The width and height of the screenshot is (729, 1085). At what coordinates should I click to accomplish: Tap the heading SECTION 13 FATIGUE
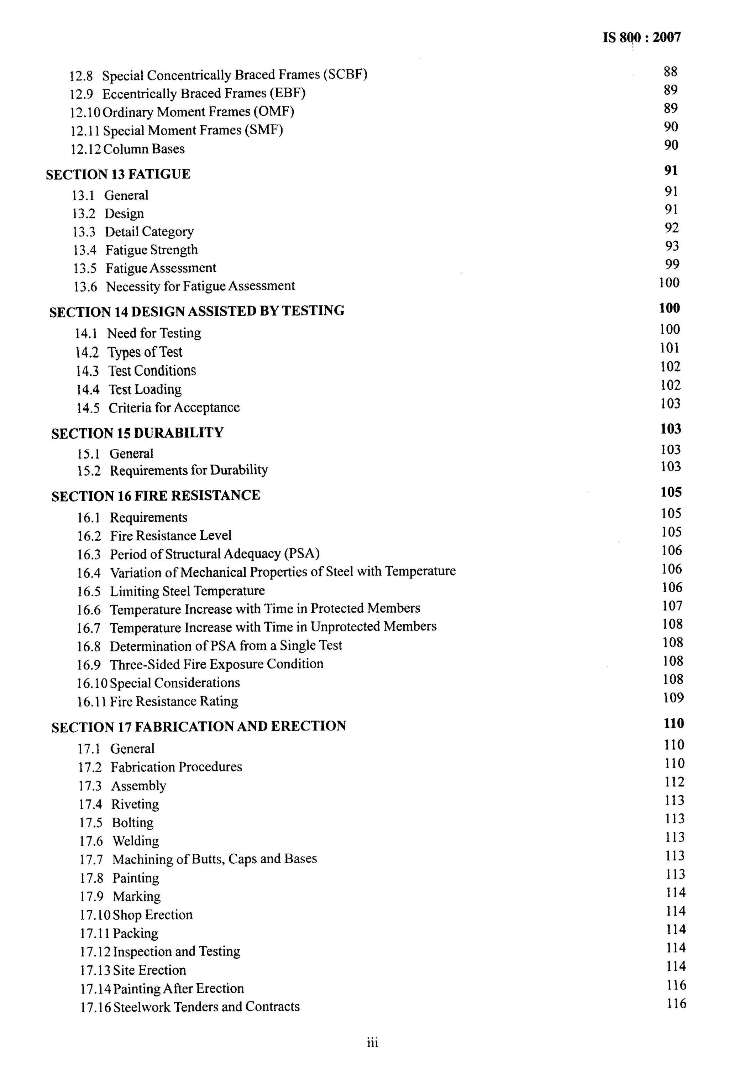[x=118, y=174]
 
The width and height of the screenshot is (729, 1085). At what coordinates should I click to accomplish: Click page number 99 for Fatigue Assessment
[x=672, y=264]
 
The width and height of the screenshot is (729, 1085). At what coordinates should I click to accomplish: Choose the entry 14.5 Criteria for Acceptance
[x=158, y=408]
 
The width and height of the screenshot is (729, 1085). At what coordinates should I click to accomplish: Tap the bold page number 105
[x=671, y=492]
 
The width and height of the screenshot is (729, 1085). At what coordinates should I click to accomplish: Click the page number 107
[x=672, y=606]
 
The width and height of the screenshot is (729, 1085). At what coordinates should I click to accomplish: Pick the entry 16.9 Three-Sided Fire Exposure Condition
[x=200, y=664]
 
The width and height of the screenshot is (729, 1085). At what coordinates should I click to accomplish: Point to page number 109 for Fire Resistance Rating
[x=673, y=698]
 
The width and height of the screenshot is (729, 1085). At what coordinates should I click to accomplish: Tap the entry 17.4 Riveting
[x=119, y=804]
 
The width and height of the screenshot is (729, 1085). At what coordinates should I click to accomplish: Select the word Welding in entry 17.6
[x=136, y=841]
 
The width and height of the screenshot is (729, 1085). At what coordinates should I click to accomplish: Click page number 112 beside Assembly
[x=674, y=782]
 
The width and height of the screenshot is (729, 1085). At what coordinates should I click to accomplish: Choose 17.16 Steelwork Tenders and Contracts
[x=190, y=1007]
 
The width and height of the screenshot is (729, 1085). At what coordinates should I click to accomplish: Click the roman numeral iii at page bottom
[x=372, y=1043]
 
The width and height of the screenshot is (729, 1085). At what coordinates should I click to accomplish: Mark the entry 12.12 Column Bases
[x=127, y=149]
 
